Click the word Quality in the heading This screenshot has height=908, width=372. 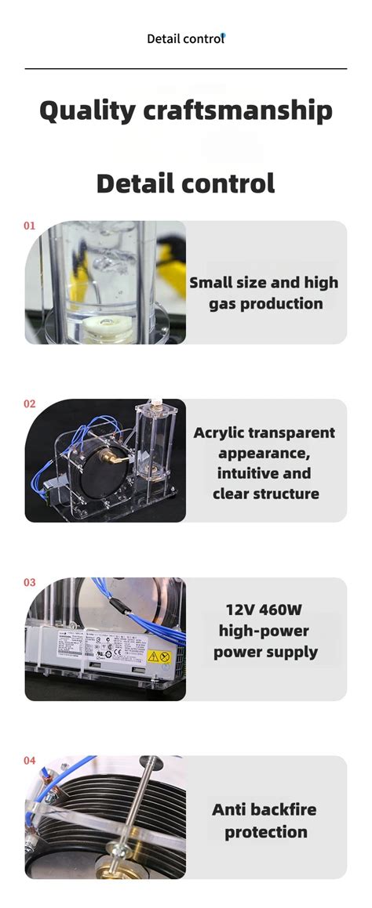[88, 110]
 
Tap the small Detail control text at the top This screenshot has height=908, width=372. [185, 38]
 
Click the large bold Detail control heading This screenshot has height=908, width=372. [186, 183]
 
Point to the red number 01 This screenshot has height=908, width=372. [30, 226]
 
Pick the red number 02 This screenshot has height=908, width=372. [30, 403]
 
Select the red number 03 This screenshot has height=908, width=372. [30, 582]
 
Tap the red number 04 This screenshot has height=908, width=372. [30, 760]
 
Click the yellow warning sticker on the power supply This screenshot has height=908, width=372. [157, 657]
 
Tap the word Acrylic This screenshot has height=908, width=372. [220, 432]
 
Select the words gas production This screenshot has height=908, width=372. [265, 303]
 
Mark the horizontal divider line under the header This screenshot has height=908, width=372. [186, 69]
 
